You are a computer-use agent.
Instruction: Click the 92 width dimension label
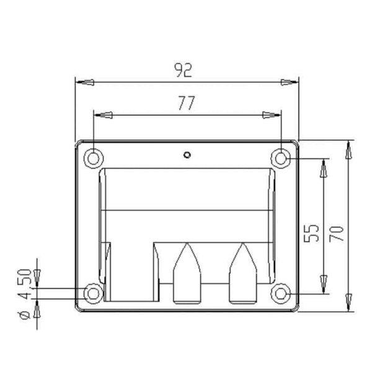pyautogui.click(x=183, y=70)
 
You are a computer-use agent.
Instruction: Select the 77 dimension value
pyautogui.click(x=187, y=103)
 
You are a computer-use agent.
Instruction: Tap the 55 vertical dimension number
pyautogui.click(x=311, y=233)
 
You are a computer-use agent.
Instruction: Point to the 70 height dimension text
pyautogui.click(x=337, y=234)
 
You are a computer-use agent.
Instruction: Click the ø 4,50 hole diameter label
pyautogui.click(x=25, y=294)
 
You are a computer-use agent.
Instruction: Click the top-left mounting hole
pyautogui.click(x=94, y=159)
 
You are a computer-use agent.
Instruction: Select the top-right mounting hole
pyautogui.click(x=281, y=159)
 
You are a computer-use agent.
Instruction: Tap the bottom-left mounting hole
pyautogui.click(x=94, y=294)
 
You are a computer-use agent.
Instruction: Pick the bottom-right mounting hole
pyautogui.click(x=281, y=294)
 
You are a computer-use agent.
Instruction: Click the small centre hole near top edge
pyautogui.click(x=187, y=155)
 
